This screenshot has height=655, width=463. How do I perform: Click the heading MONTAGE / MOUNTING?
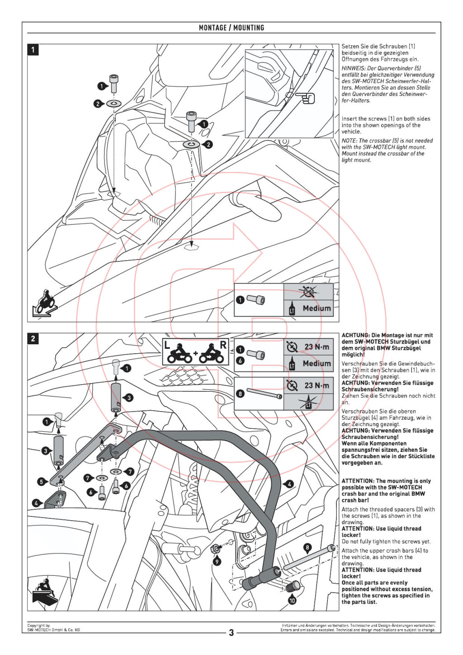(x=231, y=28)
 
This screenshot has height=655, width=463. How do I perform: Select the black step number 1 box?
(x=33, y=49)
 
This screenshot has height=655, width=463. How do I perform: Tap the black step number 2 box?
(x=33, y=338)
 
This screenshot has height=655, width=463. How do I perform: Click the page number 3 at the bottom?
(x=231, y=632)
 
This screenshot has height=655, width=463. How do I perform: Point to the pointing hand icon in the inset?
(x=306, y=97)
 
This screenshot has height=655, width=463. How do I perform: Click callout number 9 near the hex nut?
(x=217, y=561)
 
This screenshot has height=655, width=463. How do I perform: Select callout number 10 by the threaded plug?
(x=292, y=600)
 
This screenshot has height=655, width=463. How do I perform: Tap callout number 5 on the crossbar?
(x=41, y=481)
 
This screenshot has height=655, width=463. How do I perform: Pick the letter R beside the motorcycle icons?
(x=223, y=345)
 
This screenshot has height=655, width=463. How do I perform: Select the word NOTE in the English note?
(x=349, y=141)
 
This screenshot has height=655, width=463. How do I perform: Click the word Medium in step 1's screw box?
(x=317, y=309)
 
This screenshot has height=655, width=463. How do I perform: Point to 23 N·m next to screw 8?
(x=317, y=385)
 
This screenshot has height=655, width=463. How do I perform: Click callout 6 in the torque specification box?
(x=240, y=361)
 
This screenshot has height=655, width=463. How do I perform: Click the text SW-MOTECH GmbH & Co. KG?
(x=53, y=630)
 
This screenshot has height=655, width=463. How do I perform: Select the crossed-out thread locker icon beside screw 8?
(x=308, y=402)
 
